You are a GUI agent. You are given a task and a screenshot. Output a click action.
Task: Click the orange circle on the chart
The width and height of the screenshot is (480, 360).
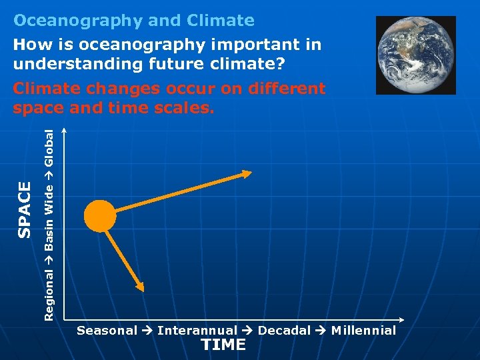click(100, 215)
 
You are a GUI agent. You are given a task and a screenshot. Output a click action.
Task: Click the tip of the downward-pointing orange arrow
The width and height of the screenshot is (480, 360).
click(141, 289)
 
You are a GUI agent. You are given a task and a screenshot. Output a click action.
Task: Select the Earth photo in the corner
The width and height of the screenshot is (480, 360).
click(415, 55)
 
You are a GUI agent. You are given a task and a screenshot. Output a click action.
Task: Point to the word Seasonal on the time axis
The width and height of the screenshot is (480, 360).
click(107, 331)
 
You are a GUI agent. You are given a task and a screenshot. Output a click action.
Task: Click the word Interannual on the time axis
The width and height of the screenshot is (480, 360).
click(197, 331)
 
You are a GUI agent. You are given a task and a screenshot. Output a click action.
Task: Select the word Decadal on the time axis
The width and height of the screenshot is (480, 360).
click(284, 331)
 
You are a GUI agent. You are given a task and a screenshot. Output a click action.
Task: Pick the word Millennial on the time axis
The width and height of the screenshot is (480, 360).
click(363, 331)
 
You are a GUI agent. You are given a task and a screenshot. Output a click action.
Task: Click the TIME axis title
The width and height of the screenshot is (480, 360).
click(223, 345)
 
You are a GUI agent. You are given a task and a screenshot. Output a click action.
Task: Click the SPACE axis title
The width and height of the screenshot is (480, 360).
click(24, 209)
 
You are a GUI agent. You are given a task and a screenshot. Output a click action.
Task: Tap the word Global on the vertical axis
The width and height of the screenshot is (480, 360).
click(49, 147)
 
